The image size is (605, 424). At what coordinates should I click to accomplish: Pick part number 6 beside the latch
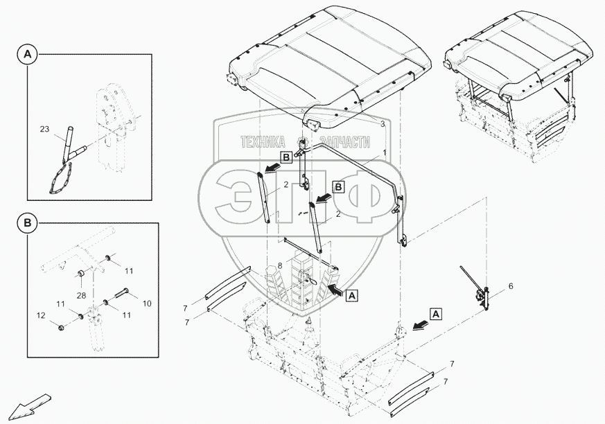(x=511, y=285)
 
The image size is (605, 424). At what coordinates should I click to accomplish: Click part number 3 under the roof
(x=382, y=123)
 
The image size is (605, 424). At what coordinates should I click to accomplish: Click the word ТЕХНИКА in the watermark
(x=263, y=141)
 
